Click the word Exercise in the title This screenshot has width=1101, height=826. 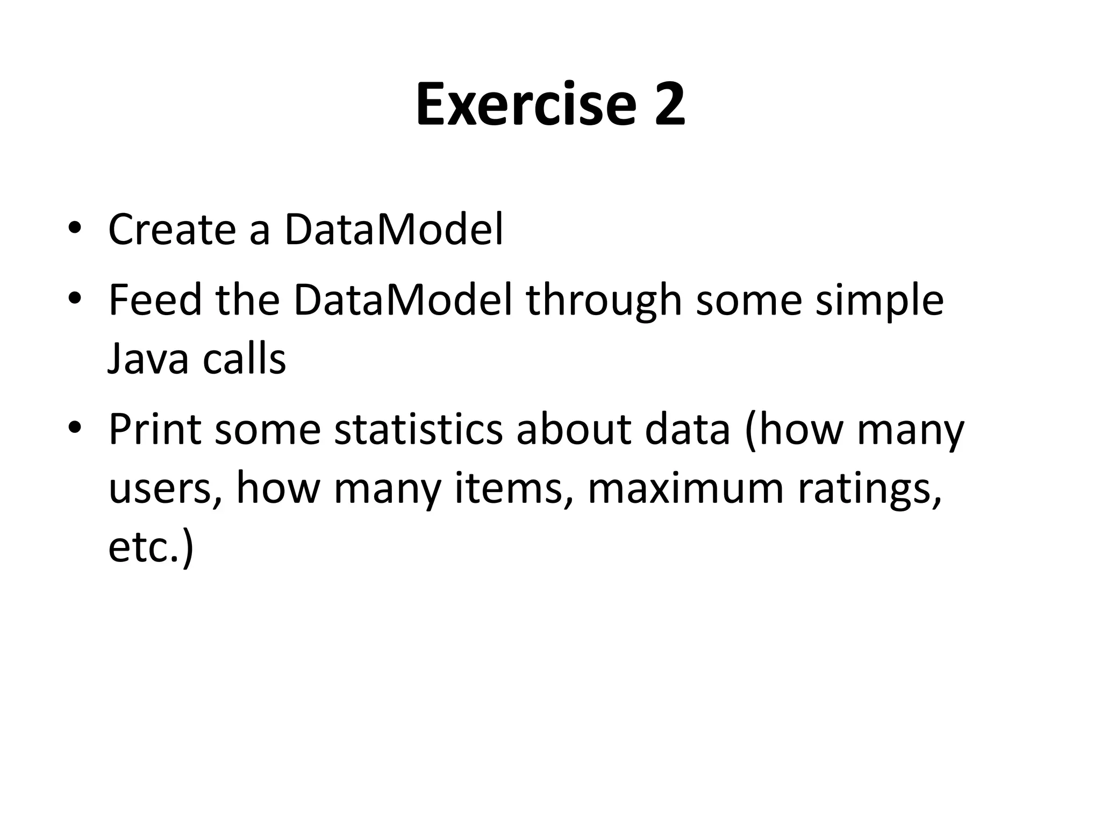525,104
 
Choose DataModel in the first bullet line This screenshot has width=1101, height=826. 394,230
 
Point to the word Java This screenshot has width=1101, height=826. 148,359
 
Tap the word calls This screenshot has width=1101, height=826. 244,359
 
